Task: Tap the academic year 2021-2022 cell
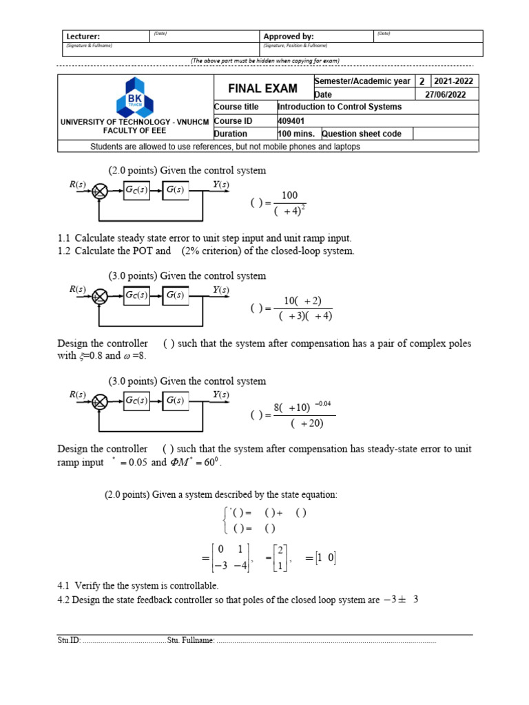click(454, 81)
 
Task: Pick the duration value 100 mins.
click(296, 134)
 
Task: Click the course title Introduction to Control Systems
click(339, 107)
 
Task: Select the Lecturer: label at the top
click(83, 36)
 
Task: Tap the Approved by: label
click(289, 36)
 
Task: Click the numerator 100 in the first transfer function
click(289, 196)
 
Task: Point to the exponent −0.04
click(323, 403)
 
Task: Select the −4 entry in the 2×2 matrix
click(238, 567)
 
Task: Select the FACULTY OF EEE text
click(135, 129)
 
